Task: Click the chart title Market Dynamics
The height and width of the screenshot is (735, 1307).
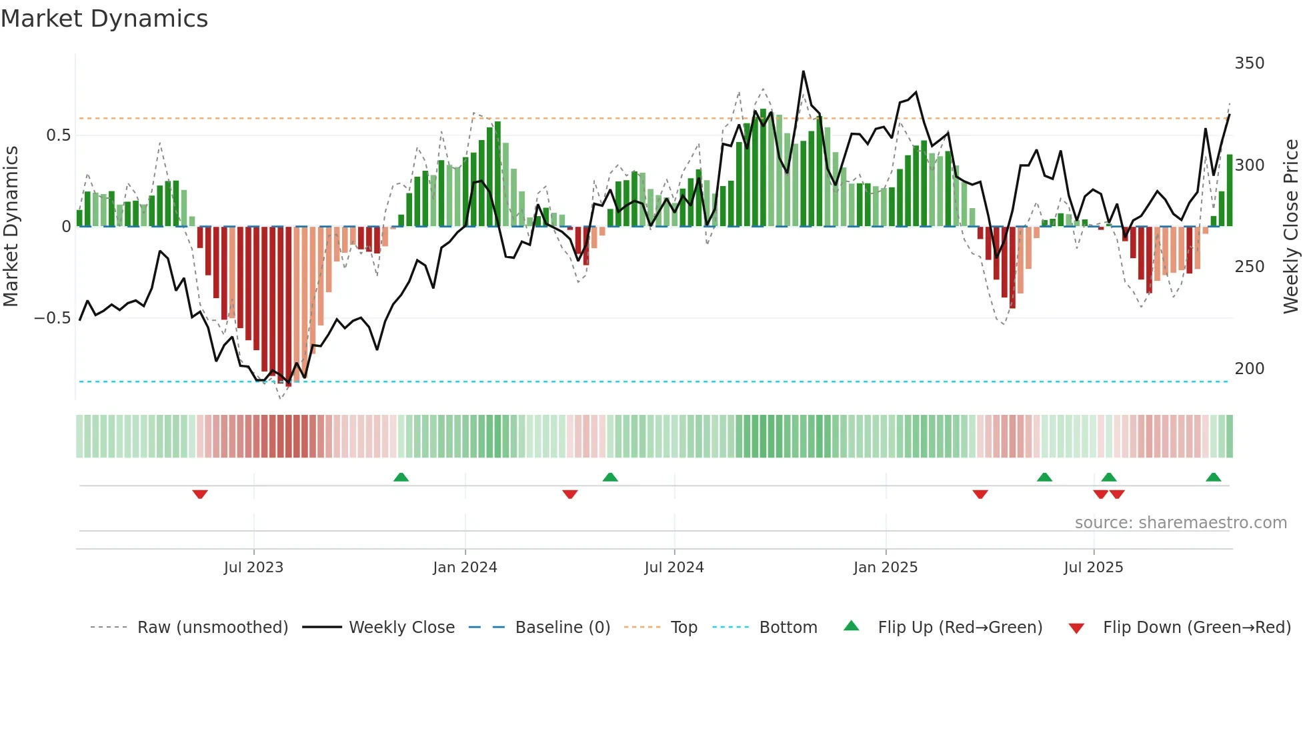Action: [104, 19]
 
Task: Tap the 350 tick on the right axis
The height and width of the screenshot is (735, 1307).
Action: [1249, 63]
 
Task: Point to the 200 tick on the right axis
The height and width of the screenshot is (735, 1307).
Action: [1249, 369]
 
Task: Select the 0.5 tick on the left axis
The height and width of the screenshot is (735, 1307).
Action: [58, 135]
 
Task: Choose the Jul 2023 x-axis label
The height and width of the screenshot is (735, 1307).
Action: [253, 568]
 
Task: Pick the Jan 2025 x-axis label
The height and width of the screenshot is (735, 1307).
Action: [885, 568]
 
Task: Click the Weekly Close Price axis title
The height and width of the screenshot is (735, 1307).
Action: [1291, 227]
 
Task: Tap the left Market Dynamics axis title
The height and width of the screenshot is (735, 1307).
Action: [11, 227]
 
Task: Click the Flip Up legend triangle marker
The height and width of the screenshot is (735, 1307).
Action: [852, 626]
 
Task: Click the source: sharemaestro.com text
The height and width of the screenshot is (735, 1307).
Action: [1180, 523]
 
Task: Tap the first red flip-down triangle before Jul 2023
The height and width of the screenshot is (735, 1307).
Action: [200, 494]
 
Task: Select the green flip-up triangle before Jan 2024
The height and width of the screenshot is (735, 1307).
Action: [401, 477]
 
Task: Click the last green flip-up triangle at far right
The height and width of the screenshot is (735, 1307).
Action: [1213, 477]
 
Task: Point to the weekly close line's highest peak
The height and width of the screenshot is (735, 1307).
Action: [803, 71]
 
